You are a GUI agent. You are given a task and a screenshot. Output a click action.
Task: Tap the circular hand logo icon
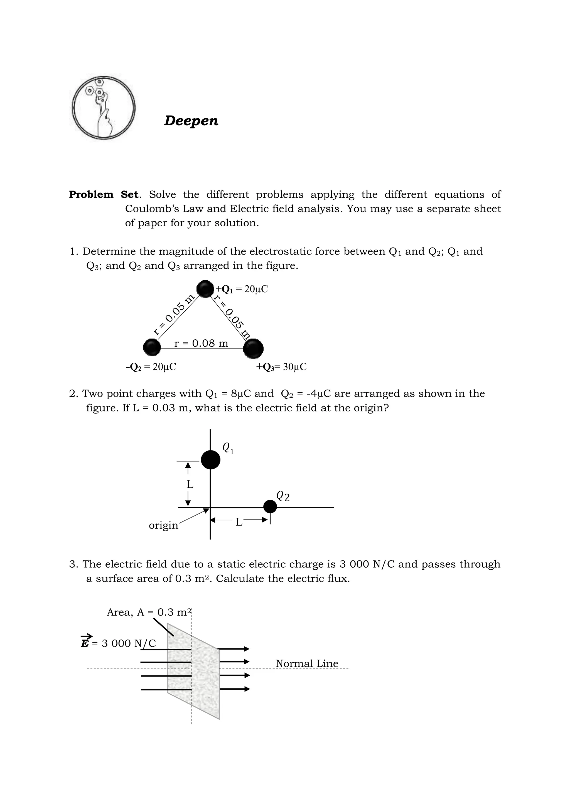[x=104, y=107]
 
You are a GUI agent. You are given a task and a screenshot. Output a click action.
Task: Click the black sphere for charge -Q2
[x=152, y=347]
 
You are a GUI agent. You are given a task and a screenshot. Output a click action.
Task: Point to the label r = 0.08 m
[x=201, y=343]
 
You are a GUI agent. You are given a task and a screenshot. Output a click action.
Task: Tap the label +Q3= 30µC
[x=281, y=367]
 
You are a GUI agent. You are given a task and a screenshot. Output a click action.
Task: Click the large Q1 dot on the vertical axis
[x=210, y=460]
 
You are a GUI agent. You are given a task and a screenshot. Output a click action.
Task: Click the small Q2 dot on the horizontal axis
[x=270, y=506]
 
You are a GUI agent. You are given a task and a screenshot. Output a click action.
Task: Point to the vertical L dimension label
[x=190, y=484]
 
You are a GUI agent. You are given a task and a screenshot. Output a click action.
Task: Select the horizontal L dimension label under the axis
[x=239, y=522]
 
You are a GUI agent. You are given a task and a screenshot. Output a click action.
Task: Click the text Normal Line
[x=307, y=663]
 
